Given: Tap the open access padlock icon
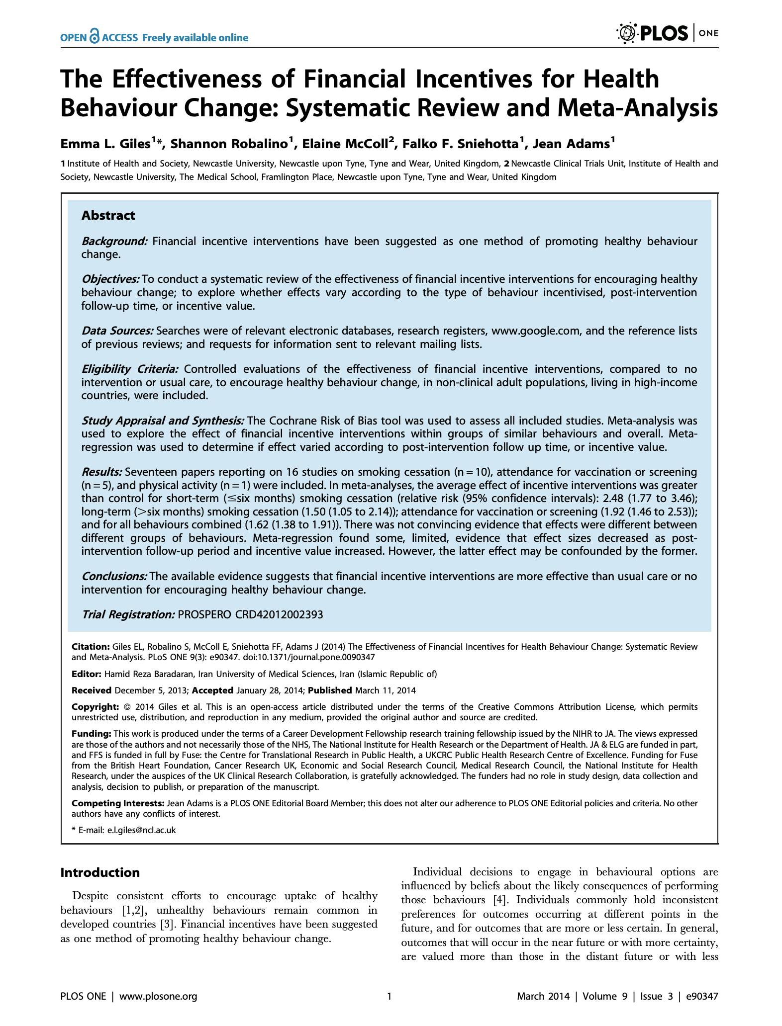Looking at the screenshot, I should pos(94,36).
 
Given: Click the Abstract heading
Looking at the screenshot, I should pos(108,216).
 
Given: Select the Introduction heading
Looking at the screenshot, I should pos(100,872).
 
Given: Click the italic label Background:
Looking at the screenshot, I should pos(114,242).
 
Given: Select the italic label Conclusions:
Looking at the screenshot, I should pos(114,577).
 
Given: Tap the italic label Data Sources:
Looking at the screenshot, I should pos(117,331).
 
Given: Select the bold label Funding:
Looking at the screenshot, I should pos(92,734).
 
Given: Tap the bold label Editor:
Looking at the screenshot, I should pos(87,674).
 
